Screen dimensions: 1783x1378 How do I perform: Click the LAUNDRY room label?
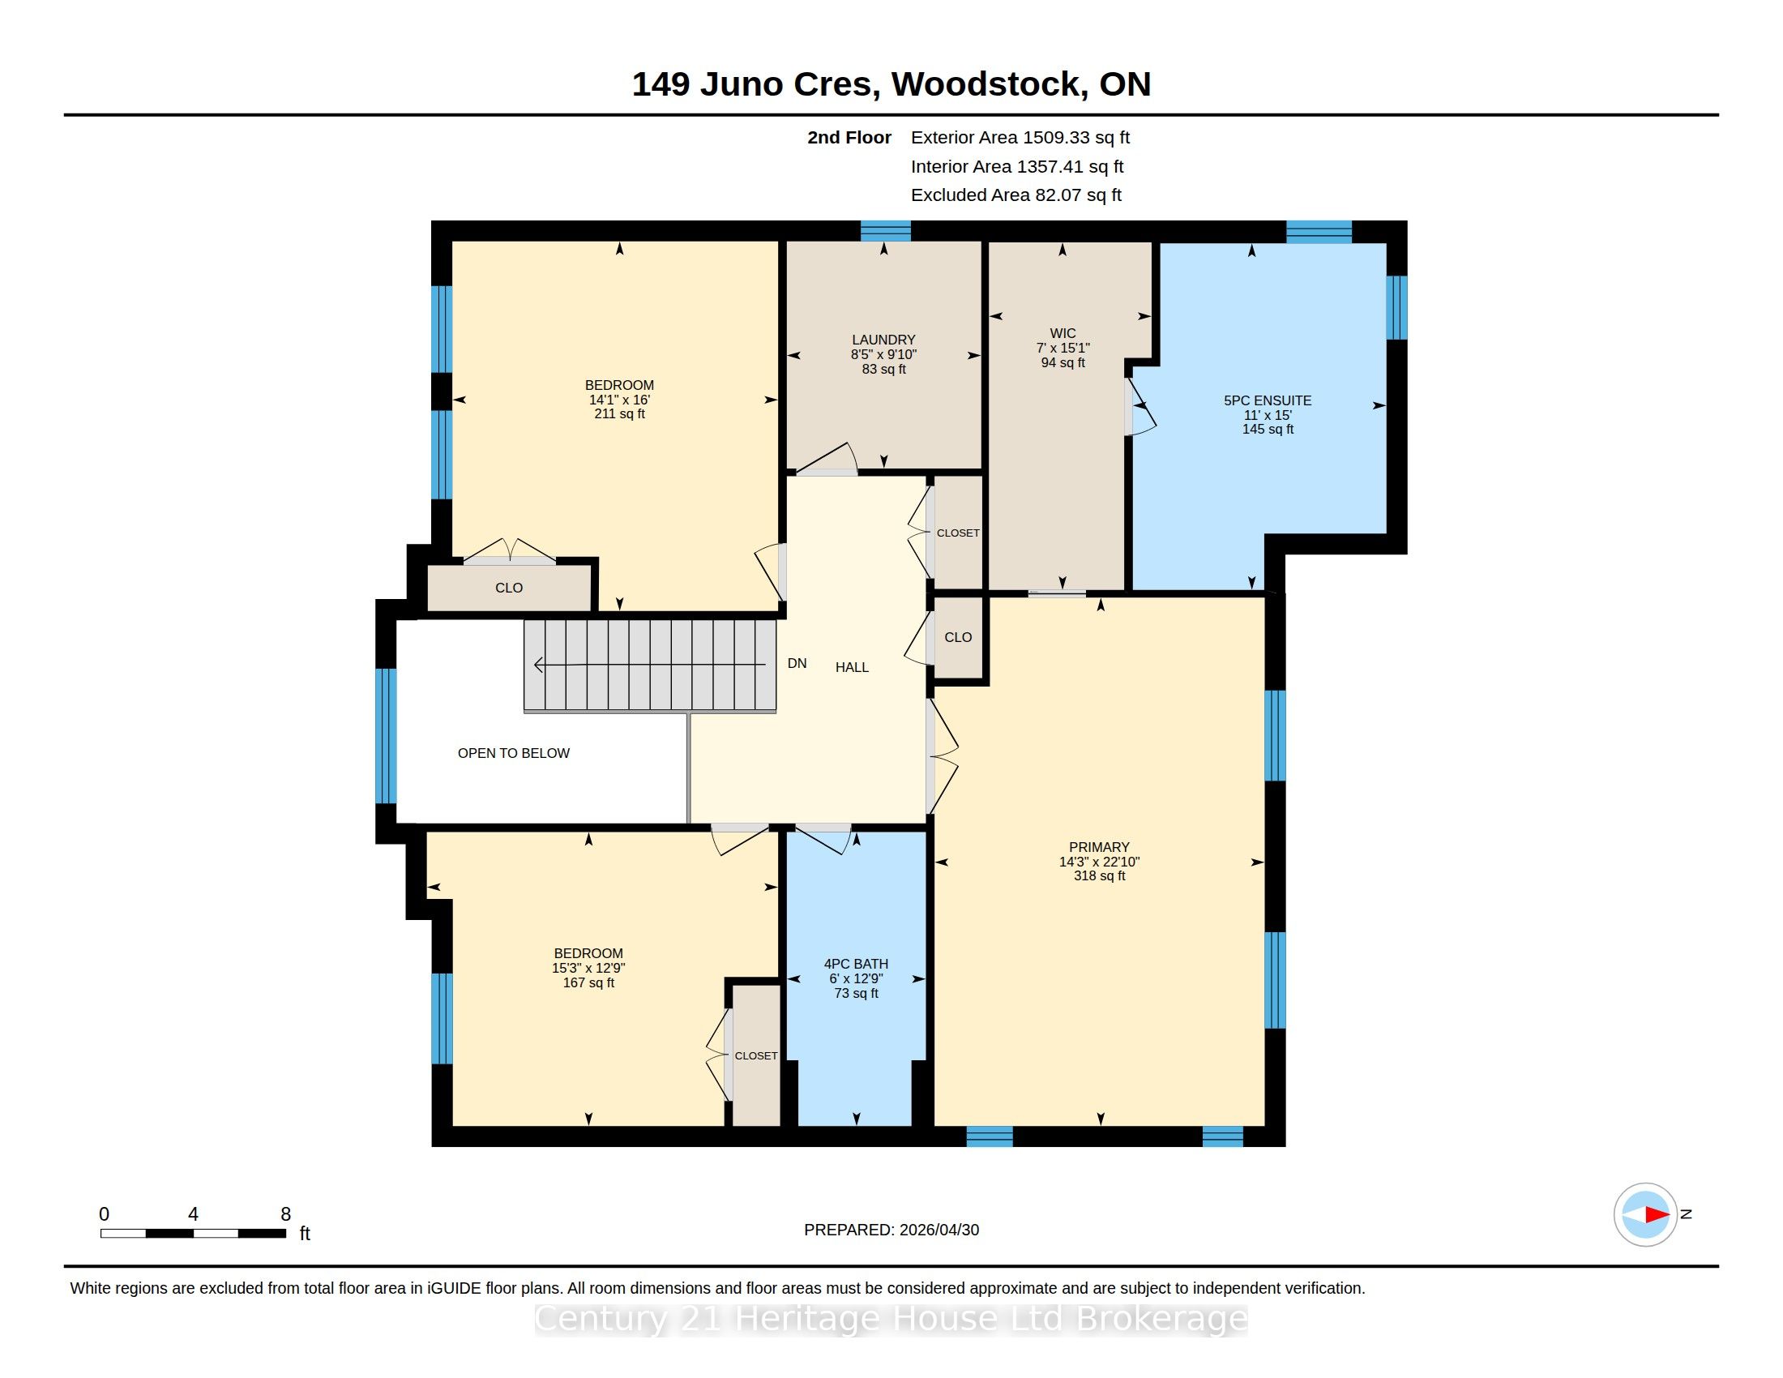pos(883,340)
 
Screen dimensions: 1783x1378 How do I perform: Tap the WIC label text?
pos(1063,333)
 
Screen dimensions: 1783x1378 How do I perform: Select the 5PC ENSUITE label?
pos(1267,400)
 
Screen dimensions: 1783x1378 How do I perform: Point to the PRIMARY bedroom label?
pos(1099,847)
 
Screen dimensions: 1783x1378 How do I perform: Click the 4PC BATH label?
pos(856,964)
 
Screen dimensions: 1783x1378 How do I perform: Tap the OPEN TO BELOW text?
pos(514,754)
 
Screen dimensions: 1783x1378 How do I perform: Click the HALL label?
pos(852,667)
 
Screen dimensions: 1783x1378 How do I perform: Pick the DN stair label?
pos(797,663)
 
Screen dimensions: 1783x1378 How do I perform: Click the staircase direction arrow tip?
pos(536,665)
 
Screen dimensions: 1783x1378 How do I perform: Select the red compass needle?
pos(1657,1215)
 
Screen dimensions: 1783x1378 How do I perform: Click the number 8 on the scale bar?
pos(286,1214)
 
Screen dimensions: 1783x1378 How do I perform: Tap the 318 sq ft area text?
pos(1099,876)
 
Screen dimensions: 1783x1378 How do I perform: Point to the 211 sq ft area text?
pos(619,414)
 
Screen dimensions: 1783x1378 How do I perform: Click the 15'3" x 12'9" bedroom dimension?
pos(588,968)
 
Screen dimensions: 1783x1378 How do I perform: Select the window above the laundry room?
pos(885,230)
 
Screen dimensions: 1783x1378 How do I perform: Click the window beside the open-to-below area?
pos(386,736)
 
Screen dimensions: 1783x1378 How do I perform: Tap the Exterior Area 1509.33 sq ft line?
pos(1020,138)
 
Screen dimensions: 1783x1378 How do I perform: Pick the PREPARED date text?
pos(891,1230)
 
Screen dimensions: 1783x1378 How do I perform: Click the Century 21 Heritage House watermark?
pos(891,1318)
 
